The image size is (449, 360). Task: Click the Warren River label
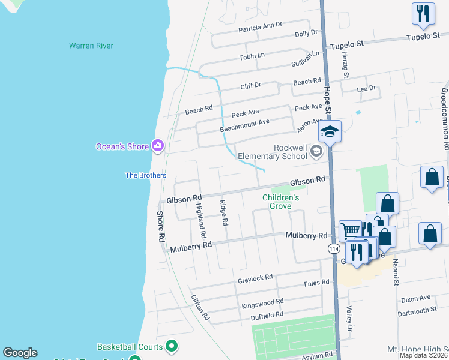pos(91,46)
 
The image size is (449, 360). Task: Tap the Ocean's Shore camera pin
pos(158,145)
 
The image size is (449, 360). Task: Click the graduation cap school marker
pos(330,131)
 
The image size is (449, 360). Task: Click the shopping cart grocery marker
pos(351,230)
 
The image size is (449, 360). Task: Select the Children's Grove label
pos(280,202)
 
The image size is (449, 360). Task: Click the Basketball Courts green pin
pos(172,346)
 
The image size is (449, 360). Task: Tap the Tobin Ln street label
pos(252,56)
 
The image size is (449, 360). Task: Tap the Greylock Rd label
pos(255,277)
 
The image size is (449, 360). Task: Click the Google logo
pos(20,353)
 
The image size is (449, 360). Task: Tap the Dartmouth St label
pos(417,310)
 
